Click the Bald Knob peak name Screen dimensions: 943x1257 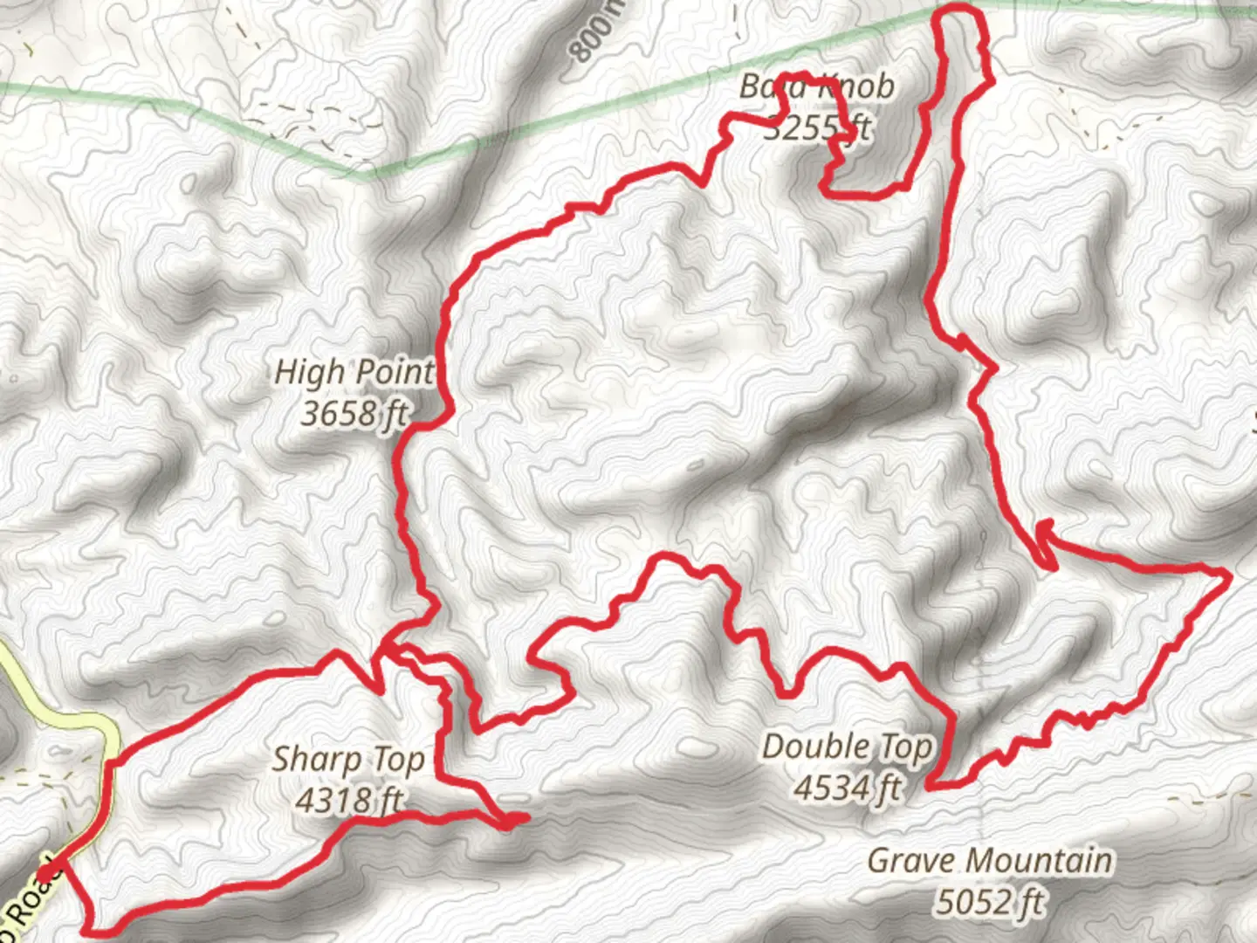point(817,86)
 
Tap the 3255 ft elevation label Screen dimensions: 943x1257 point(817,128)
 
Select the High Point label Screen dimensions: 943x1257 point(354,372)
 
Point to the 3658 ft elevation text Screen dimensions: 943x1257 point(354,413)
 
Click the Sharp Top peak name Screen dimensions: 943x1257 point(348,760)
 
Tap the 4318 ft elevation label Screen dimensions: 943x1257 point(348,800)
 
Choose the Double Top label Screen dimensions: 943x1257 point(847,747)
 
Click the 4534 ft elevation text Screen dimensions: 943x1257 point(847,788)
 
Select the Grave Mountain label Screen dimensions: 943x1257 point(990,860)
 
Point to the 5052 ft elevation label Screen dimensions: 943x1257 point(990,900)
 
